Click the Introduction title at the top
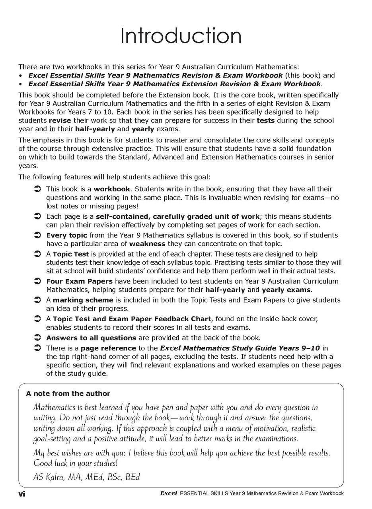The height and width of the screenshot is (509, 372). [181, 36]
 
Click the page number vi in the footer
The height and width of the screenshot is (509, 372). [22, 494]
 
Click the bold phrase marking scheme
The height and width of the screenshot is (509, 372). [83, 300]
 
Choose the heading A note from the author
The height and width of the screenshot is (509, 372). [68, 394]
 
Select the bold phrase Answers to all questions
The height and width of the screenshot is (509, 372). [91, 338]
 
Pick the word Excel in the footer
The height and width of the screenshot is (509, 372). [168, 493]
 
